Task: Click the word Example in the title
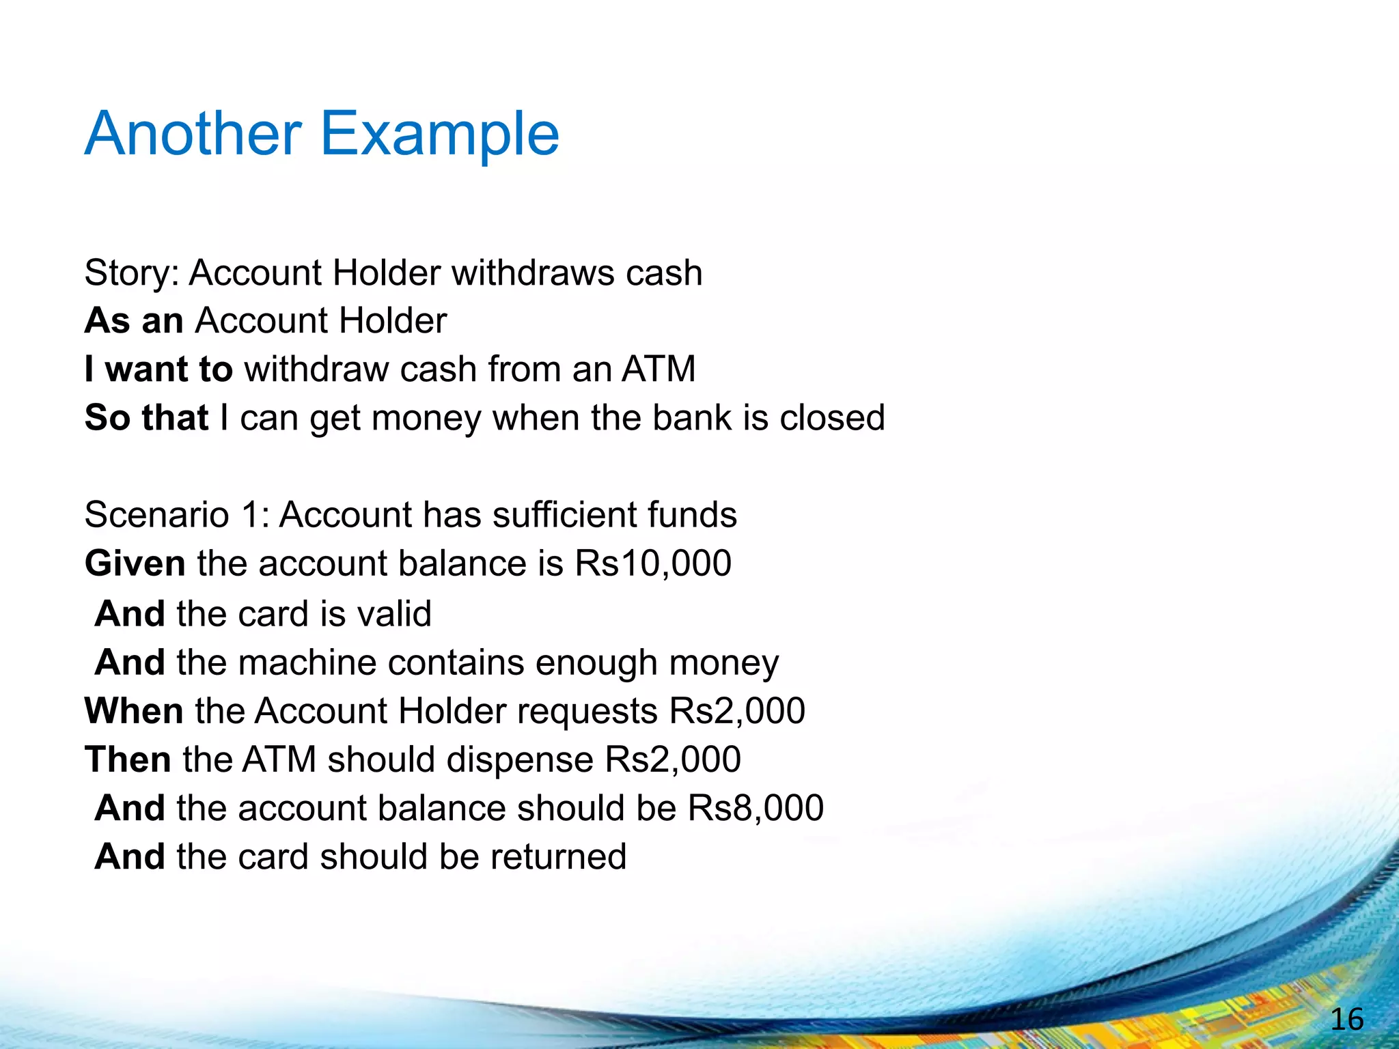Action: [439, 135]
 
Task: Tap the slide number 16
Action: [1346, 1020]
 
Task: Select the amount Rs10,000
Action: [653, 563]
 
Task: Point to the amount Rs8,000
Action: [756, 808]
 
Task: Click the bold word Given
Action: [135, 564]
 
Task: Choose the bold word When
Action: [134, 711]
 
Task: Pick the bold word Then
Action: [128, 759]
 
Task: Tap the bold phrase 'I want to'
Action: [158, 369]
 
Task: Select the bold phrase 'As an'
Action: [134, 320]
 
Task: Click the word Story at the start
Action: [127, 273]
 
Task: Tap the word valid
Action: [395, 613]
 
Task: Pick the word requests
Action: [587, 712]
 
